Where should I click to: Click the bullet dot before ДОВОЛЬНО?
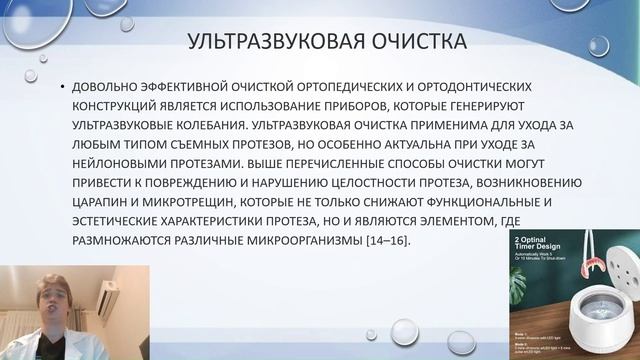point(63,87)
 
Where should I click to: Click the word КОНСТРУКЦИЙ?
point(120,105)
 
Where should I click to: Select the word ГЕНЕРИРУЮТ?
point(527,105)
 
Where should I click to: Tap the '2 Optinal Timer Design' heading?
point(547,246)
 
